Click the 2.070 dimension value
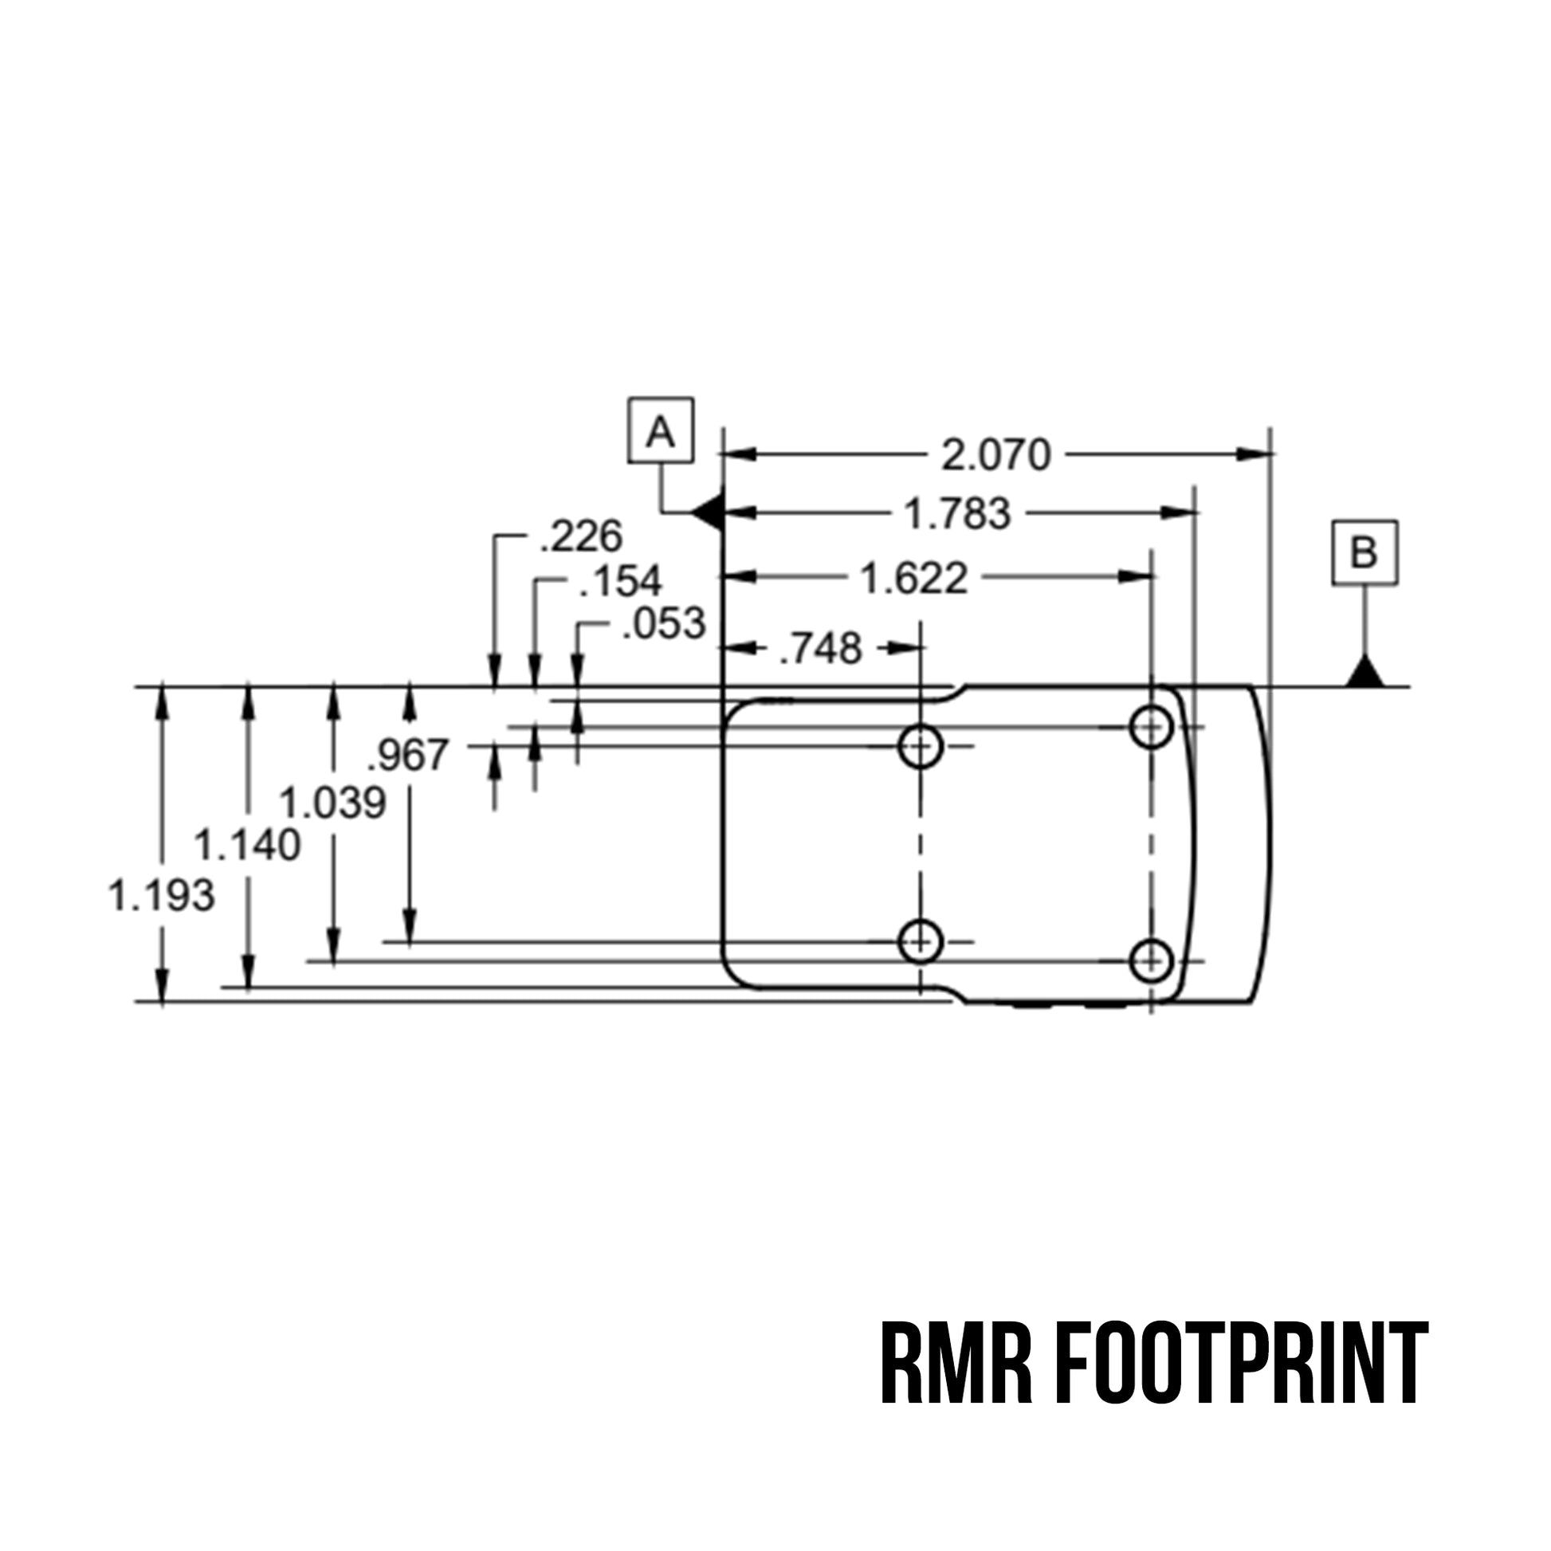point(995,455)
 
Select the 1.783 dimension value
point(957,514)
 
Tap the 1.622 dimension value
point(913,578)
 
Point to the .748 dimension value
point(820,648)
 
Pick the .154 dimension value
point(621,581)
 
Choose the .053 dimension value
point(664,624)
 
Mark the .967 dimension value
point(408,755)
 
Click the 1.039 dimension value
point(332,803)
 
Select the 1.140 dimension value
point(247,846)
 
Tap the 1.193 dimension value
point(161,895)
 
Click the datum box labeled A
point(660,430)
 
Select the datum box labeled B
point(1364,552)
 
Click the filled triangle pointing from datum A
point(708,512)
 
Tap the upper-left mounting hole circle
point(920,747)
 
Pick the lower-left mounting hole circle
point(920,940)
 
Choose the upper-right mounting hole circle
point(1151,728)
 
